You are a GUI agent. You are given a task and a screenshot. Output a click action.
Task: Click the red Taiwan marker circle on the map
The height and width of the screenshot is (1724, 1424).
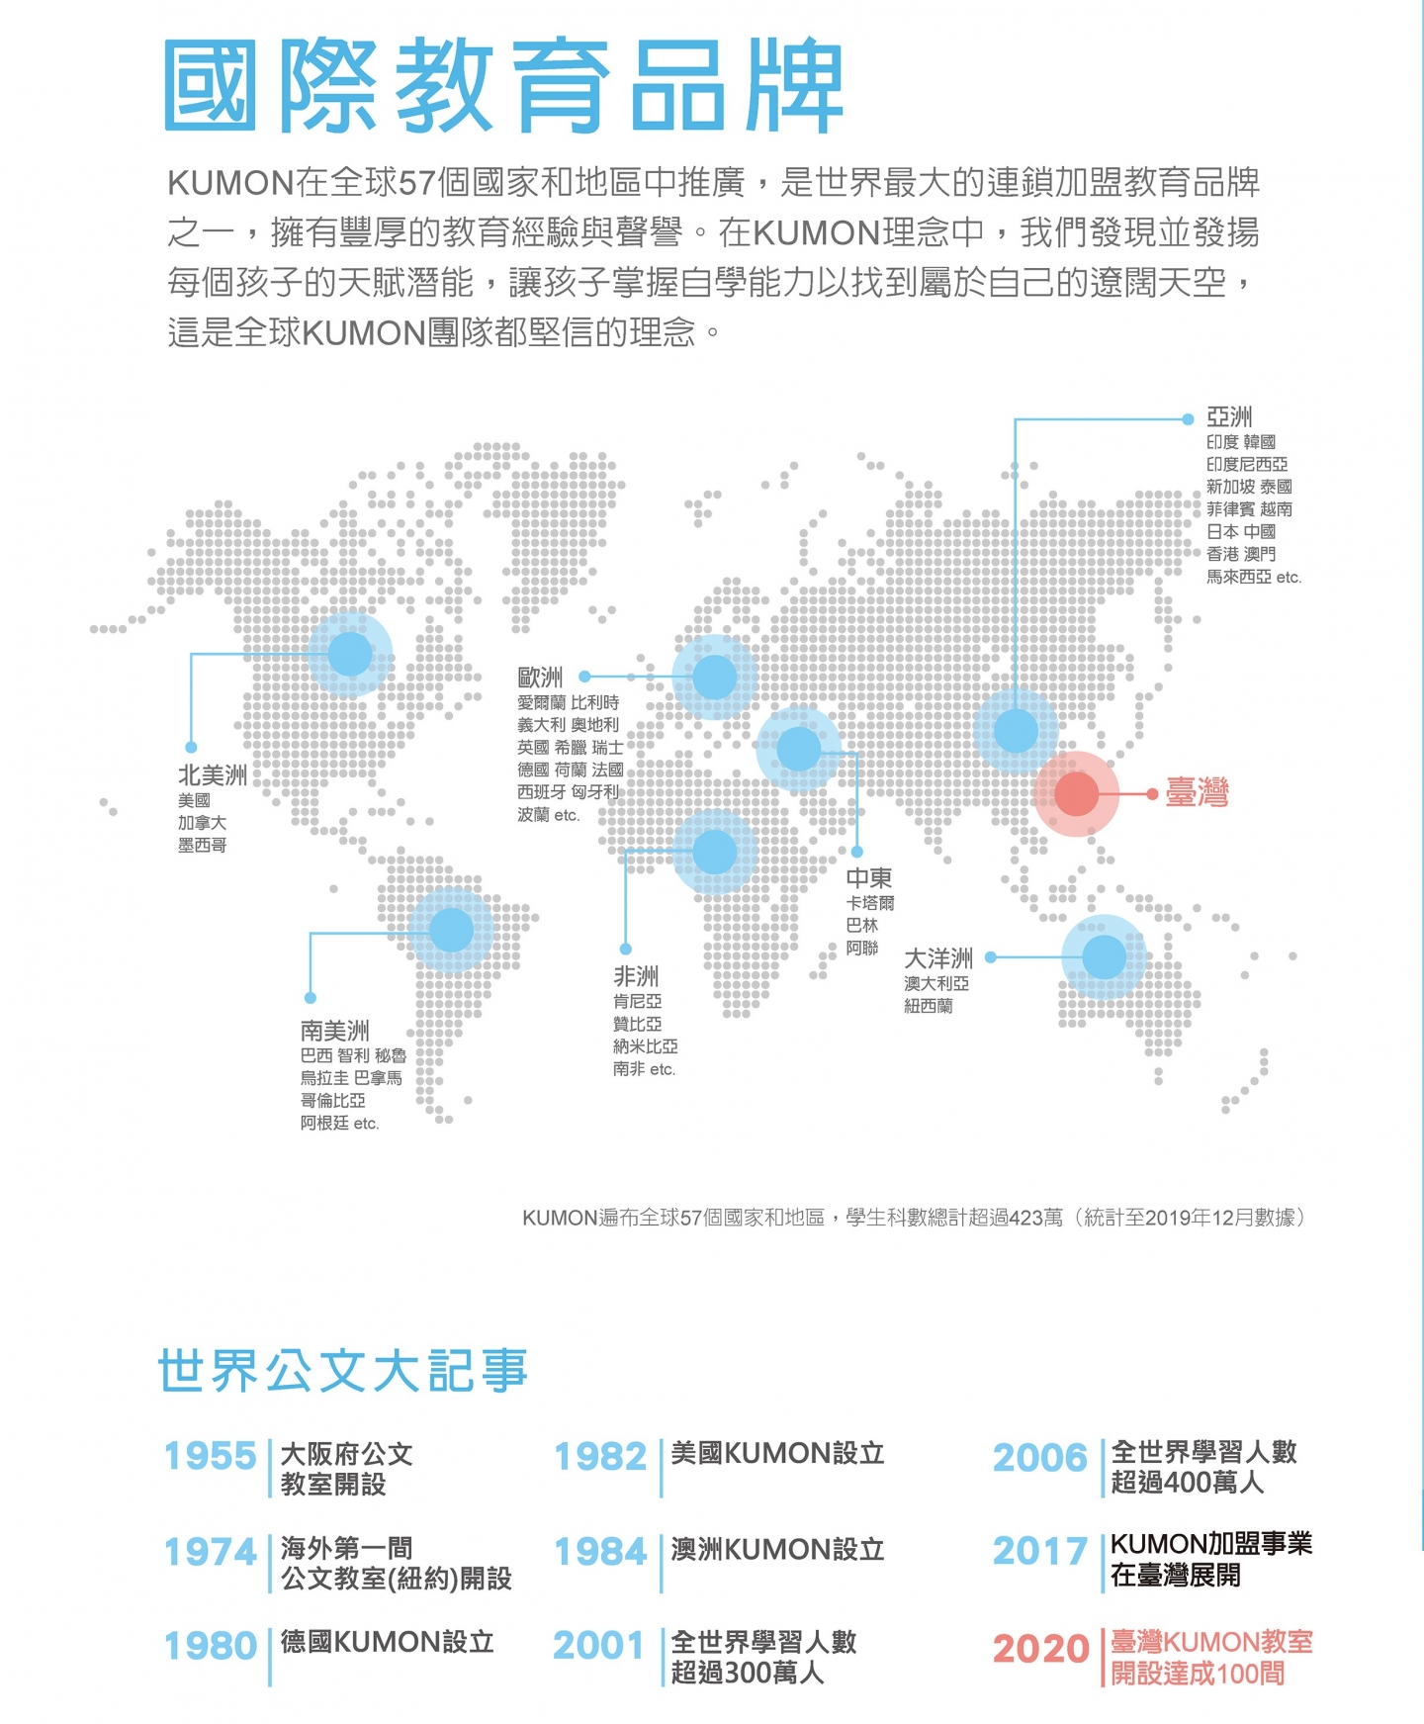point(1076,793)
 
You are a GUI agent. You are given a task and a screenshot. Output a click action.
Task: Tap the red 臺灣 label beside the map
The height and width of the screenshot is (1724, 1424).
point(1197,793)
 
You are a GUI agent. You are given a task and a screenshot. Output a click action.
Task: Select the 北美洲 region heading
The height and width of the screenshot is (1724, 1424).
point(213,774)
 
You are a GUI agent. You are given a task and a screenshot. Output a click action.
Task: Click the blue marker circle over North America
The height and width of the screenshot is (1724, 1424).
point(349,654)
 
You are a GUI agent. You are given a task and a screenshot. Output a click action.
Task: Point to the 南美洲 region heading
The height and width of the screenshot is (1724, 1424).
point(335,1031)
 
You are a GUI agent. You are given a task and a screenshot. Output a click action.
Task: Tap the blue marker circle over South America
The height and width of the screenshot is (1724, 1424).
point(451,930)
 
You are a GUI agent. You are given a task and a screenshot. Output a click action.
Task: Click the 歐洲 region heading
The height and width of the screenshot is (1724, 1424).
point(540,678)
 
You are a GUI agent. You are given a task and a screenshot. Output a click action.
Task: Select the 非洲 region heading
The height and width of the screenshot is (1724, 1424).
point(636,976)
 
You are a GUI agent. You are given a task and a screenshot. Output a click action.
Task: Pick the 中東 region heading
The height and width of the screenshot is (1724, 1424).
point(869,877)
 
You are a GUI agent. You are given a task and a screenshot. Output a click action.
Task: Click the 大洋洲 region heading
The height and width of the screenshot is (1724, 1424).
point(938,958)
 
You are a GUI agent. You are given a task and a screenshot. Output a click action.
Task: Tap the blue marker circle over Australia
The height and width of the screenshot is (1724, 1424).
point(1104,956)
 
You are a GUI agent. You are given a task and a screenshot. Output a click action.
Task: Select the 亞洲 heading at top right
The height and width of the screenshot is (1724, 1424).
point(1229,417)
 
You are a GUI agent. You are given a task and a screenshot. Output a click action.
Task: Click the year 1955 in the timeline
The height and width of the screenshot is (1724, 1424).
point(211,1456)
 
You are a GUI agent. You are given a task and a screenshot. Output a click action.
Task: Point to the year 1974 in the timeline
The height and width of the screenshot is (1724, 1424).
point(211,1552)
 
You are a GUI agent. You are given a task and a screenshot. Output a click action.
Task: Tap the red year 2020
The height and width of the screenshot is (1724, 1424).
point(1040,1648)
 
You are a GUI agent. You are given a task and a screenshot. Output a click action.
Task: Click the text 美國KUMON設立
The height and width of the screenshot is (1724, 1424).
point(777,1453)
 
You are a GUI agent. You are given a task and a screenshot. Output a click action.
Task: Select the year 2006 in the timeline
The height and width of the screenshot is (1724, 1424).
point(1040,1457)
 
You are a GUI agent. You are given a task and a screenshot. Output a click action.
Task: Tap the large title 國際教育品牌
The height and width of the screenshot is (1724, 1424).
point(503,86)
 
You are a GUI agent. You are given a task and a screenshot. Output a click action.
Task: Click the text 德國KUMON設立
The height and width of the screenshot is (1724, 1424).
point(387,1642)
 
